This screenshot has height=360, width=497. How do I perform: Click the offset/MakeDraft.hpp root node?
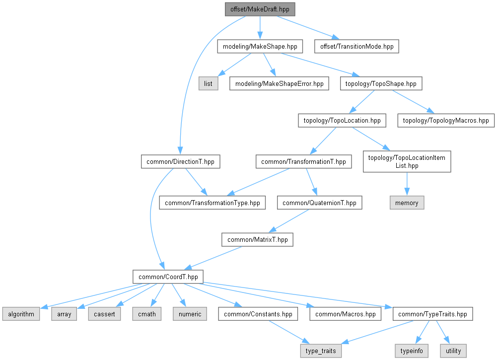point(260,9)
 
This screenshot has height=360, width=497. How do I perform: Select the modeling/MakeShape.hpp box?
point(260,46)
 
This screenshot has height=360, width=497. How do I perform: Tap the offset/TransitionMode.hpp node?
point(356,46)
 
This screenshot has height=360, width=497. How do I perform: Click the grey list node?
point(208,83)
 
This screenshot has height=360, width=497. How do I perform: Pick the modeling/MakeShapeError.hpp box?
point(279,83)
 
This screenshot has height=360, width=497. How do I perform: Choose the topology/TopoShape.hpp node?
point(381,83)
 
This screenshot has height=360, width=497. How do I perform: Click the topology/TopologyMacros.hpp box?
point(446,121)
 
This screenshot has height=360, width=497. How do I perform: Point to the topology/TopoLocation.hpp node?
point(342,121)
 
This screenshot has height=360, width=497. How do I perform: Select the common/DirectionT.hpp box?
point(180,161)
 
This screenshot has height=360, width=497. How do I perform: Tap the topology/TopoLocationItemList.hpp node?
point(407,161)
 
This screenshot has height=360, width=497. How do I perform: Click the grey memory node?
point(407,203)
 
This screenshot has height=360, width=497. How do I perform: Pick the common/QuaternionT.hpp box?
point(320,203)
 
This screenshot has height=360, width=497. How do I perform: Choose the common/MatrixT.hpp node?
point(257,239)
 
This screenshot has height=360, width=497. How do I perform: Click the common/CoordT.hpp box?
point(168,277)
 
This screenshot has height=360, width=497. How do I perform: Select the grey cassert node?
point(104,314)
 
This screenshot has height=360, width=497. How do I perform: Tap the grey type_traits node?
point(321,351)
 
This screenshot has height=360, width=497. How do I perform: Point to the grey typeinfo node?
point(412,351)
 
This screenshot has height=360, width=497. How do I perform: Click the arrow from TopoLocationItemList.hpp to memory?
point(407,184)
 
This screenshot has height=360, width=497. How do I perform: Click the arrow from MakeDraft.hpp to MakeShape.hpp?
point(260,28)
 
